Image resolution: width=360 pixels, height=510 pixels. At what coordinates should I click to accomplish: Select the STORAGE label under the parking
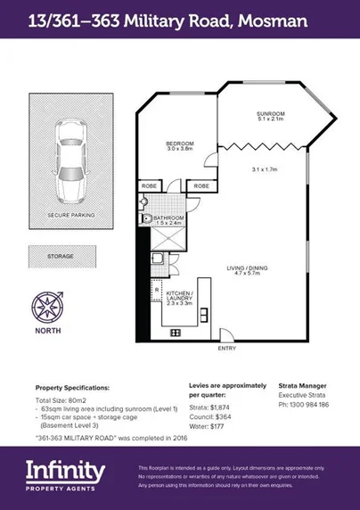pos(61,256)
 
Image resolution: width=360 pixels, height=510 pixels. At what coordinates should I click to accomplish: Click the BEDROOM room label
pos(178,143)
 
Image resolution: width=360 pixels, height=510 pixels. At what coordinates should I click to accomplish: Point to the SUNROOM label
pos(271,113)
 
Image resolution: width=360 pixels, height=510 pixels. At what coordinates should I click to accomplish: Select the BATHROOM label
pos(168,218)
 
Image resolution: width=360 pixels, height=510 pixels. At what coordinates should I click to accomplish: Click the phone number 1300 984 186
pos(308,405)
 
